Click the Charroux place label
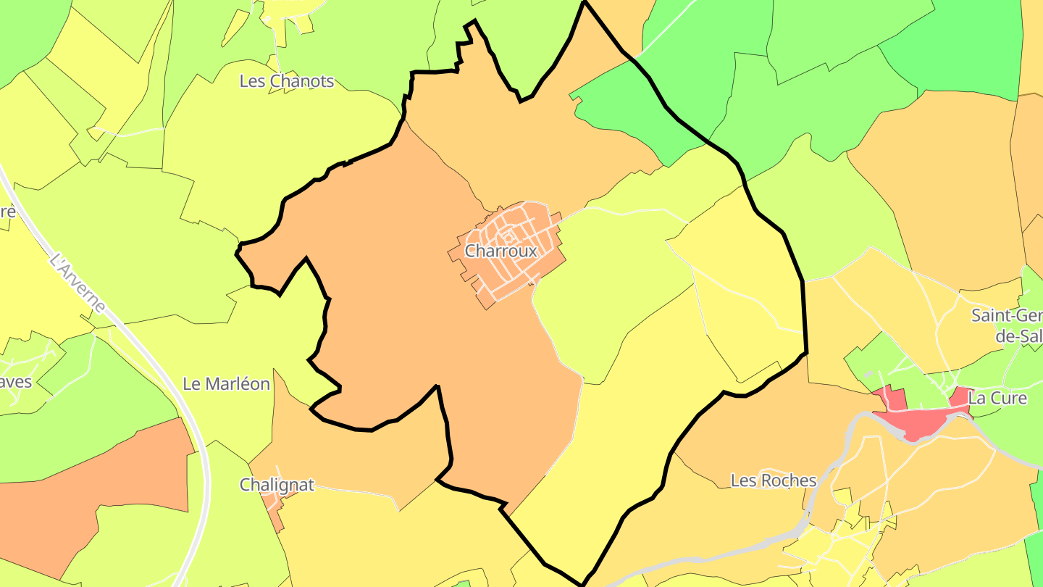point(501,251)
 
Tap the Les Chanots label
point(287,81)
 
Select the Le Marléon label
point(226,384)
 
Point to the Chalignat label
point(277,485)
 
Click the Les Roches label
point(773,480)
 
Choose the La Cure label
point(997,398)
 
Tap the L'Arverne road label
point(78,283)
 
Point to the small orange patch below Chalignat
point(272,502)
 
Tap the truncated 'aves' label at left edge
point(16,381)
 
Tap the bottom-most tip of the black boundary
point(582,583)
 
